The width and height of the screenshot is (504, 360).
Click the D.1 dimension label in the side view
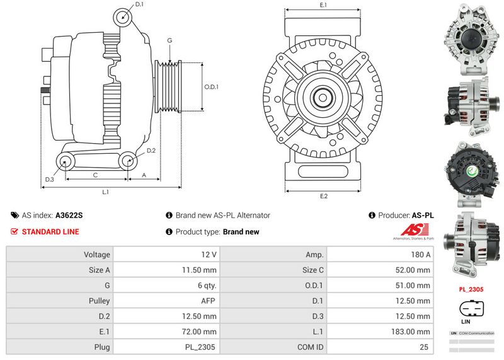click(140, 4)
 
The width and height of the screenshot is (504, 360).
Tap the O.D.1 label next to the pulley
click(211, 87)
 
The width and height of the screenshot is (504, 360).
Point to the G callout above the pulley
click(169, 40)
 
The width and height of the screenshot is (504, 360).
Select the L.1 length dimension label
click(106, 191)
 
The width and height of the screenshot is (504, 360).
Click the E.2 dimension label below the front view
click(324, 196)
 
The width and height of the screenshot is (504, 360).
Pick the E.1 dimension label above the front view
click(323, 5)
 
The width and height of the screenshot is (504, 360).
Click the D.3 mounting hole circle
click(65, 163)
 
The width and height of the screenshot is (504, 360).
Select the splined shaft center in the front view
click(323, 99)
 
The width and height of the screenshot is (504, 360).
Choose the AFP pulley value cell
click(166, 301)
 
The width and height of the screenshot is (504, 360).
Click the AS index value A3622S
click(69, 215)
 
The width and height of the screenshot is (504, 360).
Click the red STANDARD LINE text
click(50, 231)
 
